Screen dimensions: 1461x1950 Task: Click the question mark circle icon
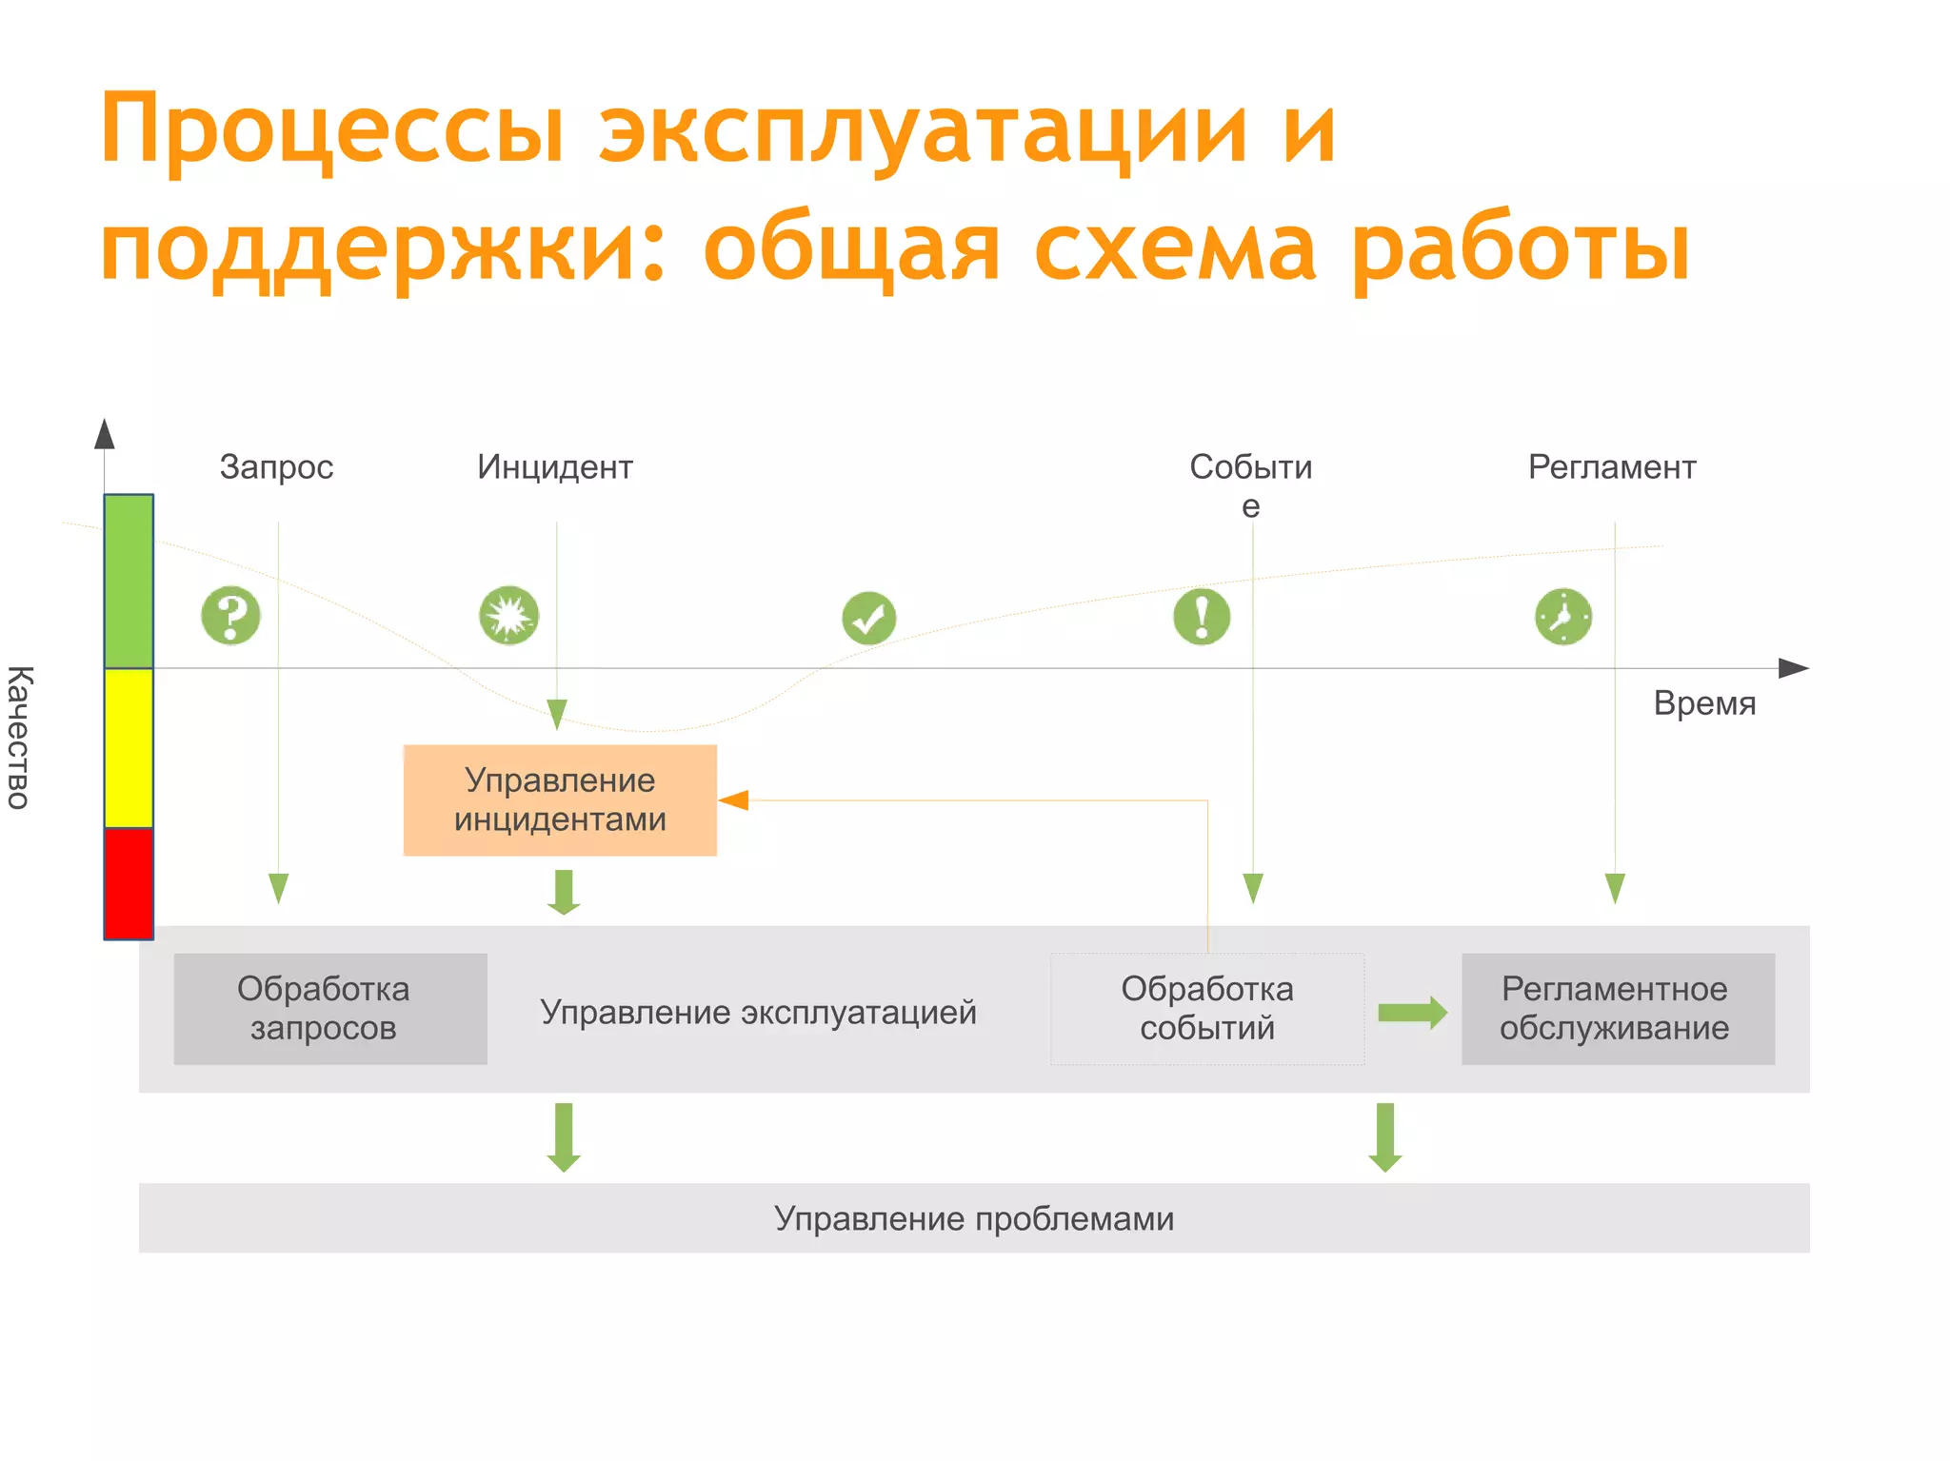[x=230, y=616]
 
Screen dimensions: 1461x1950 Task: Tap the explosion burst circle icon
[x=508, y=616]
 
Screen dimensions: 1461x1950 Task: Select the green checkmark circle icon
[x=868, y=619]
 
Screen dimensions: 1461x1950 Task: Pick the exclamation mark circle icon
[x=1202, y=617]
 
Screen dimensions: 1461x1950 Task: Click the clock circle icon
[x=1562, y=617]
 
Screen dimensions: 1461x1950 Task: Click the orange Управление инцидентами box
[x=560, y=800]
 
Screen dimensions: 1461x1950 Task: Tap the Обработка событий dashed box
[x=1206, y=1009]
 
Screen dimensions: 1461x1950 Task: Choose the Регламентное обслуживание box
[x=1618, y=1009]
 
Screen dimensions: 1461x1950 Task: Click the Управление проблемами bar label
[x=973, y=1218]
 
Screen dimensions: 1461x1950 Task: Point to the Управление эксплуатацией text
[x=758, y=1012]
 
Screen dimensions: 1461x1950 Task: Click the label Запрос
[x=276, y=467]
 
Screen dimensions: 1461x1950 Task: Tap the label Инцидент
[x=555, y=467]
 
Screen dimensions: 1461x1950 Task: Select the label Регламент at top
[x=1612, y=467]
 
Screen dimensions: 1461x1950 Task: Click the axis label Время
[x=1704, y=703]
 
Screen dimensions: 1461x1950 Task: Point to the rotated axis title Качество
[x=19, y=738]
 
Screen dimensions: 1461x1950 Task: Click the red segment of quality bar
[x=129, y=883]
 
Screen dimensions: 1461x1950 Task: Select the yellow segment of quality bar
[x=129, y=748]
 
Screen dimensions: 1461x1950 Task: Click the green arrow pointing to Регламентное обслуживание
[x=1412, y=1013]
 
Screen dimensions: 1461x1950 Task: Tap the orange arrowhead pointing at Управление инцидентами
[x=733, y=800]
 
